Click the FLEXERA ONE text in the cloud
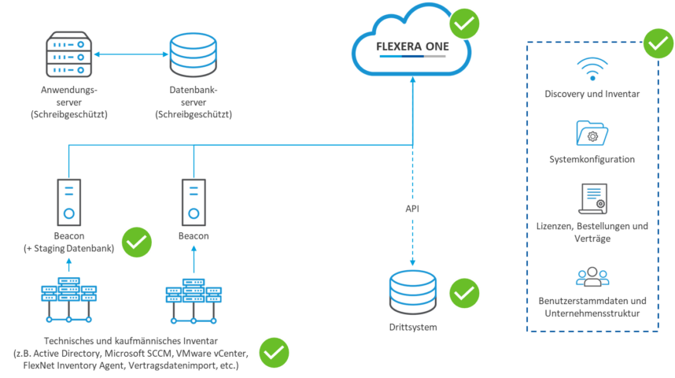(411, 46)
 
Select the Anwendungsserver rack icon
(69, 54)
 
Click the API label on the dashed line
(412, 211)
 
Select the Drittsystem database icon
(412, 291)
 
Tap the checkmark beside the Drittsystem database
(464, 293)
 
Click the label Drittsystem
(413, 326)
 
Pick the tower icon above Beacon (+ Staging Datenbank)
(68, 200)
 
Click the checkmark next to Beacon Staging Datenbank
(137, 243)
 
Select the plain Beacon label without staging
(194, 235)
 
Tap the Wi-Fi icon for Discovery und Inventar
(592, 69)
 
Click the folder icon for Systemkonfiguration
(592, 133)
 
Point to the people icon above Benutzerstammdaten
(592, 276)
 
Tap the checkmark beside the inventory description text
(275, 353)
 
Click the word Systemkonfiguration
(592, 159)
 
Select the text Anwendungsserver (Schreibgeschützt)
(69, 102)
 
